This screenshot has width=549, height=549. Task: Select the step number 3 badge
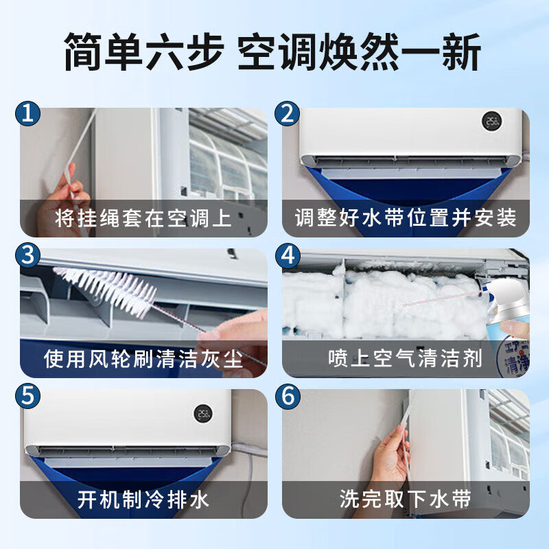27,255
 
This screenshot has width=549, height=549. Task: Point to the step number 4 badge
288,255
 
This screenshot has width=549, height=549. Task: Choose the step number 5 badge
27,396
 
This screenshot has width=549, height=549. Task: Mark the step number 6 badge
288,396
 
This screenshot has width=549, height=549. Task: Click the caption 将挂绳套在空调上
143,218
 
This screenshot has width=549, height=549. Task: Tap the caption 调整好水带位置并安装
406,218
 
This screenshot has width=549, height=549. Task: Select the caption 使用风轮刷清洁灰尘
143,359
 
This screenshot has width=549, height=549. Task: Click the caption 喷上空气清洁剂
406,359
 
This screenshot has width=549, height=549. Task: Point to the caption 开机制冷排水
143,500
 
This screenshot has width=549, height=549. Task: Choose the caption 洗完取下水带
406,500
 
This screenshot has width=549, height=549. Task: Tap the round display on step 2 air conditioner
490,121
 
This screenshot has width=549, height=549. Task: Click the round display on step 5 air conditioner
202,412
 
